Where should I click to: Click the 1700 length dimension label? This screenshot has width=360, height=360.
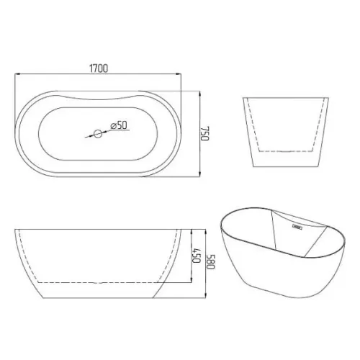99,68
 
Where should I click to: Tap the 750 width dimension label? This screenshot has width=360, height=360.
205,133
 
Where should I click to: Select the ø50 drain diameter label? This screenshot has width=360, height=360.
119,125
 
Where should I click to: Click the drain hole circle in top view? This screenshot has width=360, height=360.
98,134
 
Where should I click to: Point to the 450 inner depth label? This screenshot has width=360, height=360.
196,256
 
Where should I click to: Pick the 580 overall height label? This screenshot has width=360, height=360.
211,261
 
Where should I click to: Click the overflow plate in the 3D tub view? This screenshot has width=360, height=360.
297,226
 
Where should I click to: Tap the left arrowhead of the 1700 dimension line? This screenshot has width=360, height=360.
17,74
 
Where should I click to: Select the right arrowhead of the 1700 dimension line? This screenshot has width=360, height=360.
179,74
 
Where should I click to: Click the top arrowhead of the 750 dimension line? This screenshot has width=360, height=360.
200,94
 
